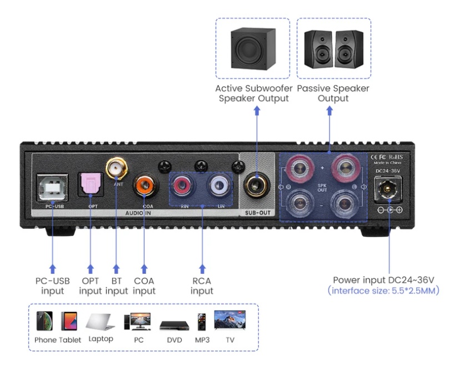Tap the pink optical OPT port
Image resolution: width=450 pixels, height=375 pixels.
coord(90,184)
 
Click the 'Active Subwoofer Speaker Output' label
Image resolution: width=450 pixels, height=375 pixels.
coord(253,93)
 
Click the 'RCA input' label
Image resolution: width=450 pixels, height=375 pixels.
coord(202,286)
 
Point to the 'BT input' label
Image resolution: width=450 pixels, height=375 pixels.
coord(116,286)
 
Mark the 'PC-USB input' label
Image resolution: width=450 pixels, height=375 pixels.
coord(53,286)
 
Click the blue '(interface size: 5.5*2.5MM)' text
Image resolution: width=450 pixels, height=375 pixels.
coord(383,291)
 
